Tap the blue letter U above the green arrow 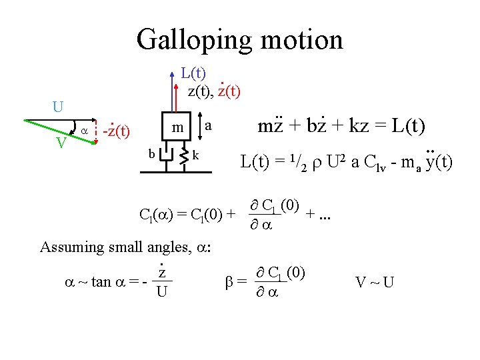[58, 107]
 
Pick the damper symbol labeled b [166, 157]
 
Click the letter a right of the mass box [209, 125]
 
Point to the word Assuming [67, 247]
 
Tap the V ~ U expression [374, 282]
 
